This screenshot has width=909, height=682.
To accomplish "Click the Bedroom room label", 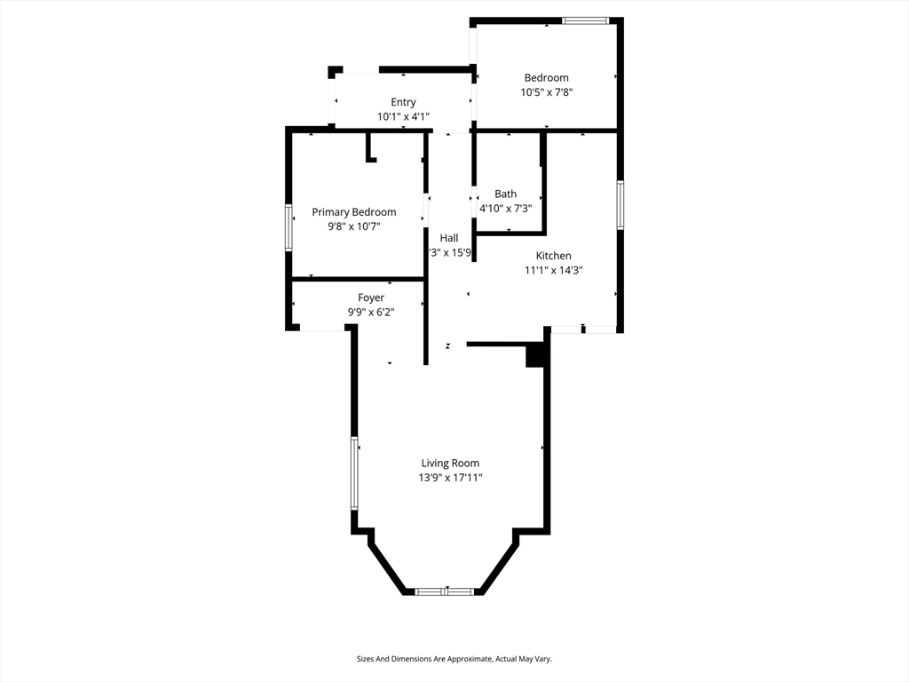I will pos(546,78).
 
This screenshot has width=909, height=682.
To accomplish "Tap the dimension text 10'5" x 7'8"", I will pos(546,92).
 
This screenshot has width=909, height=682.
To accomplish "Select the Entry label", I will pos(403,102).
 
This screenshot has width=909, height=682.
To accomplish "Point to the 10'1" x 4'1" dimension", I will pos(403,116).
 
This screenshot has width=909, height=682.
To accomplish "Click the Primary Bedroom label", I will pos(353,212).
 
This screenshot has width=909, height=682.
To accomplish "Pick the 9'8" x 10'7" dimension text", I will pos(353,226).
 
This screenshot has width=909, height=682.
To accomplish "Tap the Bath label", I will pos(505,194).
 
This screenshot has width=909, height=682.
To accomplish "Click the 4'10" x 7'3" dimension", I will pos(505,208).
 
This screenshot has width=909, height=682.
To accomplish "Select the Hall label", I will pos(449,238).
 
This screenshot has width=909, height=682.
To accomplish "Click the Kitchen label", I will pos(553,256).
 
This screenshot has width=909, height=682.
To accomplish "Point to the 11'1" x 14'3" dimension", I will pos(553,270).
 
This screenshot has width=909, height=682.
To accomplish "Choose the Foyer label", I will pos(371,297).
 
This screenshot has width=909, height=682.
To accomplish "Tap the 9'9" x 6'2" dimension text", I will pos(371,312).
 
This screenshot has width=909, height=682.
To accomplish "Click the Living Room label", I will pos(450,463).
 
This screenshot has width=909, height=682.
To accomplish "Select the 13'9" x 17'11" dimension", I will pos(450,478).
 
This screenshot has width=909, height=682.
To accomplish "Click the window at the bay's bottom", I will pos(445,591).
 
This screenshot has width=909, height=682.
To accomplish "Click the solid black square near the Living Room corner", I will pos(535,355).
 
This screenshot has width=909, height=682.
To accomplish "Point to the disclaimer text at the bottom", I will pos(454,659).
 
